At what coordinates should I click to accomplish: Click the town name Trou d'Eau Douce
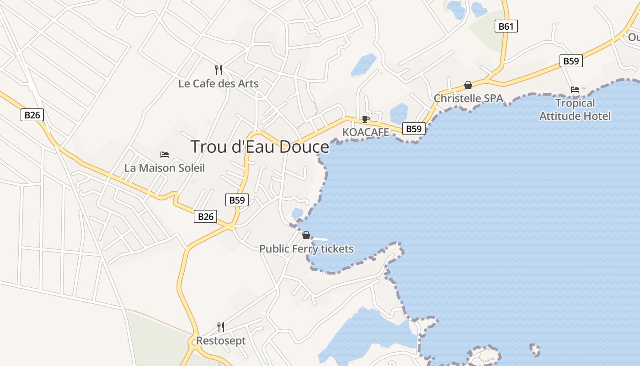coord(259,147)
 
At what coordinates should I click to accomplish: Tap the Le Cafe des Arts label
coord(219,84)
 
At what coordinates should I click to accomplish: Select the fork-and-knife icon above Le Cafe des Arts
coord(219,70)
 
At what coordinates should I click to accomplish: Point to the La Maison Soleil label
coord(165,168)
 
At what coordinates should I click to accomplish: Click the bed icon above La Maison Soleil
coord(165,155)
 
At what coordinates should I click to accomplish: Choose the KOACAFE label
coord(366,132)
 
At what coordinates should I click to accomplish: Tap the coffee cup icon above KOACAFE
coord(365,119)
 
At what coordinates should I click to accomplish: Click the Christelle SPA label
coord(468,98)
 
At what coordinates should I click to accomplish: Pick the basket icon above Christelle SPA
coord(468,85)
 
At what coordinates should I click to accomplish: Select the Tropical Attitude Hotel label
coord(575,109)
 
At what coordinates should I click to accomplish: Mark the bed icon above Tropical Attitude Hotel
coord(575,89)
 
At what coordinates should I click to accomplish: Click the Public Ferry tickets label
coord(306,249)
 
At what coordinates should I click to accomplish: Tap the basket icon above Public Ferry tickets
coord(306,235)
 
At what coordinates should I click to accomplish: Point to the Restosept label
coord(221,341)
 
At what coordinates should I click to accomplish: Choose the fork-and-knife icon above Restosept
coord(220,327)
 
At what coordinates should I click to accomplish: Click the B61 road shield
coord(506,26)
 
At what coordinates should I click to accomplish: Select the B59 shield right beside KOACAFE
coord(414,129)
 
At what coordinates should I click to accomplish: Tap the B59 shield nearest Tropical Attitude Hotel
coord(571,61)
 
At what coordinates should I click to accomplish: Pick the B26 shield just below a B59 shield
coord(205,216)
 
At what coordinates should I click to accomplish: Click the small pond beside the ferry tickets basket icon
coord(297,213)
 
